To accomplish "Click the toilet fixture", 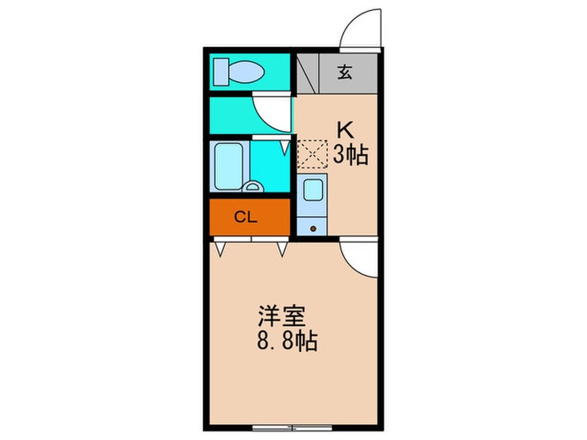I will [238, 71].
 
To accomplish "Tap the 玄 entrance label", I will [345, 72].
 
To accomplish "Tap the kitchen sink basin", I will [313, 189].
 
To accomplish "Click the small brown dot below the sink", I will [314, 226].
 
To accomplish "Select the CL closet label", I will [245, 218].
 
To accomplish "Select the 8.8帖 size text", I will [287, 342].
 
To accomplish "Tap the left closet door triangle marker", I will [221, 249].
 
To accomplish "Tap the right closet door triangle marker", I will [283, 249].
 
